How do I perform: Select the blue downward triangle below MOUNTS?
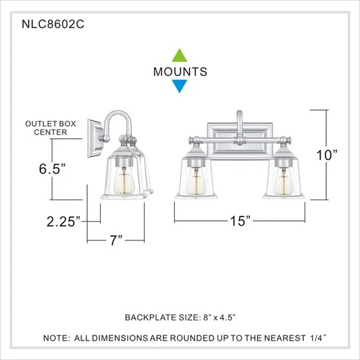tap(179, 87)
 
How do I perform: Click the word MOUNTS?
tap(180, 71)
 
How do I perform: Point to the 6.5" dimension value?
tap(53, 169)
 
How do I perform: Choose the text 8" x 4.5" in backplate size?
tap(228, 316)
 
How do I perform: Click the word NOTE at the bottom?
tap(57, 337)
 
